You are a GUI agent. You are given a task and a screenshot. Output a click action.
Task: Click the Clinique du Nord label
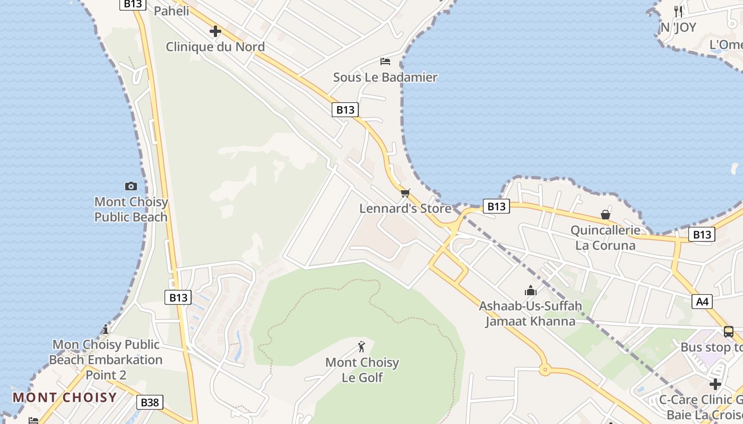pyautogui.click(x=215, y=47)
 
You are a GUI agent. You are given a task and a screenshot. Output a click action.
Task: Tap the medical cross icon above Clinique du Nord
pyautogui.click(x=215, y=31)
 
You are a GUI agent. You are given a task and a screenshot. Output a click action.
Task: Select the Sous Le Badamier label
pyautogui.click(x=385, y=77)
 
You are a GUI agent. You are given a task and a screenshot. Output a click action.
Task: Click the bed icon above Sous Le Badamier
pyautogui.click(x=385, y=61)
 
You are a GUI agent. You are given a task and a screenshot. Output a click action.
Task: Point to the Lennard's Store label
pyautogui.click(x=405, y=208)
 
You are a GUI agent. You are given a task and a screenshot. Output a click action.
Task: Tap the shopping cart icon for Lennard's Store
pyautogui.click(x=405, y=193)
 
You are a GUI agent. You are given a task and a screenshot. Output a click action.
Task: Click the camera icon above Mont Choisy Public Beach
pyautogui.click(x=131, y=186)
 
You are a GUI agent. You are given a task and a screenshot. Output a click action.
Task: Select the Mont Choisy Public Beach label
pyautogui.click(x=131, y=209)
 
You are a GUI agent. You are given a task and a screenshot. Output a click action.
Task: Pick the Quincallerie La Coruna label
pyautogui.click(x=606, y=237)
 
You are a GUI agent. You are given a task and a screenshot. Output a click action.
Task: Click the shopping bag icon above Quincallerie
pyautogui.click(x=606, y=215)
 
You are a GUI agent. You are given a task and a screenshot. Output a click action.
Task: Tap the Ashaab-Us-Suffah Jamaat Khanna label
pyautogui.click(x=530, y=313)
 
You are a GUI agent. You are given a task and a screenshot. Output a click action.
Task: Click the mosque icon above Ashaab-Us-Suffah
pyautogui.click(x=530, y=290)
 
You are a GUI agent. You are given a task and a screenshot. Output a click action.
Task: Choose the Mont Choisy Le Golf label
pyautogui.click(x=362, y=370)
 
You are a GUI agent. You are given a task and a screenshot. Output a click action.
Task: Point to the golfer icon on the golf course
pyautogui.click(x=361, y=347)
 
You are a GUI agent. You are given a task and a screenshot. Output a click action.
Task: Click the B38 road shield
pyautogui.click(x=150, y=402)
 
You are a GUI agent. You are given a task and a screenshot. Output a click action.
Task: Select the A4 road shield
pyautogui.click(x=702, y=302)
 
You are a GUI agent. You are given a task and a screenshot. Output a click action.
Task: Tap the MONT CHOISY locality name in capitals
pyautogui.click(x=65, y=397)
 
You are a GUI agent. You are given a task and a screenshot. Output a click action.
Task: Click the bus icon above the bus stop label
pyautogui.click(x=729, y=332)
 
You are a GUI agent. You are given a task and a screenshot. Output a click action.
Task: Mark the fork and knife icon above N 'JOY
pyautogui.click(x=678, y=11)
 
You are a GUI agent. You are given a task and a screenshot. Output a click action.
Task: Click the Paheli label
pyautogui.click(x=171, y=11)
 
